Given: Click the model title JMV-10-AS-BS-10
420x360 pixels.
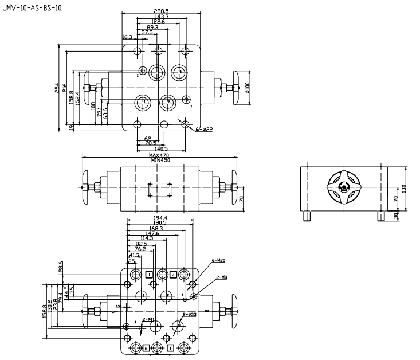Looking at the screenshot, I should tap(32, 9).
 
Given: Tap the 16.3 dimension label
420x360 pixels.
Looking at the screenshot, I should tap(127, 37).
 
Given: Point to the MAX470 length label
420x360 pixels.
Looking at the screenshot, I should tap(160, 155).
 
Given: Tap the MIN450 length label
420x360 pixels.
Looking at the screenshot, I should tap(160, 161).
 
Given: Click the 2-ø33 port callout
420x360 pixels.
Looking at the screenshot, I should tap(189, 315).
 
